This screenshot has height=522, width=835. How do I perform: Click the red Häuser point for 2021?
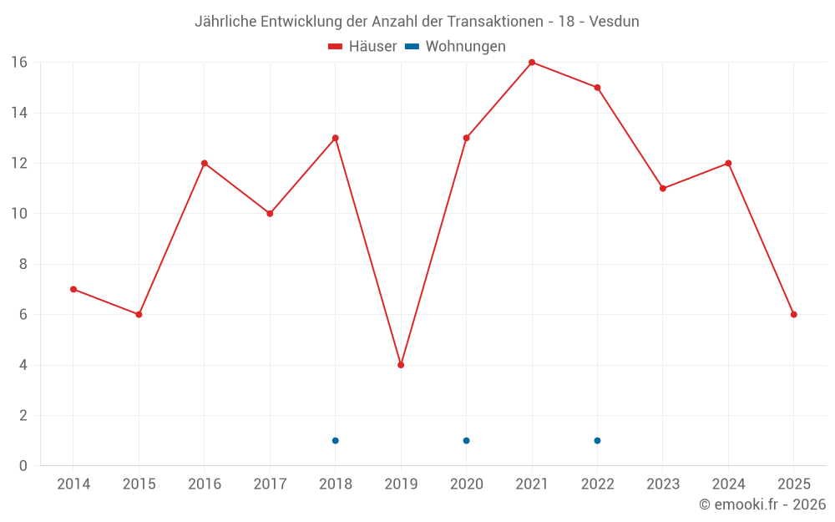click(x=532, y=63)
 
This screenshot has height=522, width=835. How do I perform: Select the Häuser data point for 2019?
click(x=401, y=365)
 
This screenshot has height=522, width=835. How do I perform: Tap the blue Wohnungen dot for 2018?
click(x=336, y=440)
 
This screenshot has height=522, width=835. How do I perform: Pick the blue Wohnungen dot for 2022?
click(x=598, y=440)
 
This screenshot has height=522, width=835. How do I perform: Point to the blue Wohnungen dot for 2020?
click(x=467, y=440)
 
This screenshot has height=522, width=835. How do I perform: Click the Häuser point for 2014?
click(x=73, y=289)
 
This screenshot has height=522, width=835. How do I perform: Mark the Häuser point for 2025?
click(x=794, y=315)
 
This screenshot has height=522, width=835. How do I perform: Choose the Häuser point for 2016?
click(x=205, y=163)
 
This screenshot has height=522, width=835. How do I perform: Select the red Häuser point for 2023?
click(x=663, y=189)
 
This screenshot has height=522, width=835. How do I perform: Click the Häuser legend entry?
click(x=362, y=47)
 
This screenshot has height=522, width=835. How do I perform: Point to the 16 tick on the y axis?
click(x=18, y=63)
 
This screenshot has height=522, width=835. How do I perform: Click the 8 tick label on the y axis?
click(x=23, y=264)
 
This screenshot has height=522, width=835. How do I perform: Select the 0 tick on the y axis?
click(x=23, y=466)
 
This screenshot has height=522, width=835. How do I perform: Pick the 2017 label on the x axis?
click(x=270, y=484)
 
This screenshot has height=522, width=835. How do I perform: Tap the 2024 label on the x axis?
click(x=728, y=484)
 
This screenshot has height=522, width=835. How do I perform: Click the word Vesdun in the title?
click(x=614, y=22)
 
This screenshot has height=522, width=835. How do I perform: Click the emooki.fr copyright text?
click(x=762, y=504)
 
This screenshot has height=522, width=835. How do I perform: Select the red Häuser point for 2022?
click(x=598, y=88)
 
